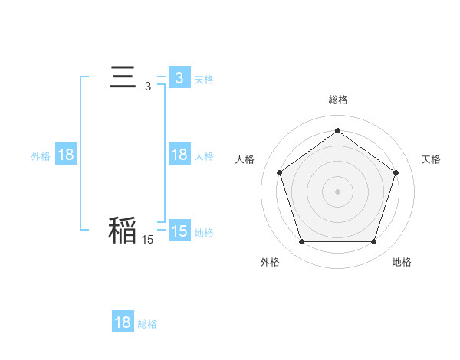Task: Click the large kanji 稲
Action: [123, 229]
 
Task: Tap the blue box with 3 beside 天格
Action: [179, 78]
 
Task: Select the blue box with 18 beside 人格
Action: [179, 155]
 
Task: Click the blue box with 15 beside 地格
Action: [179, 231]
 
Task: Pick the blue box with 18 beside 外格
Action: [65, 155]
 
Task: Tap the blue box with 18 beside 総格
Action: [123, 322]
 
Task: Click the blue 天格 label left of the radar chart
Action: [204, 79]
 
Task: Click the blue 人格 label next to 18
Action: [204, 155]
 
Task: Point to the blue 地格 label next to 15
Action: [204, 232]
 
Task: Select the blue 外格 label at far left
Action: [41, 155]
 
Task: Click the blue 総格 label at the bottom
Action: [148, 323]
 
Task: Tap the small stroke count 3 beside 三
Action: [148, 87]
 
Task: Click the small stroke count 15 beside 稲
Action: [147, 240]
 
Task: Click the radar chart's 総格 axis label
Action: [337, 100]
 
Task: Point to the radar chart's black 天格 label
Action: [431, 159]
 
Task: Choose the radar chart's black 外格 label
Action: [270, 262]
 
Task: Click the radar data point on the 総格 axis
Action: [337, 130]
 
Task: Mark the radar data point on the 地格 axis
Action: [373, 242]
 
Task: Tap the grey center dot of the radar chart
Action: [337, 191]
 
